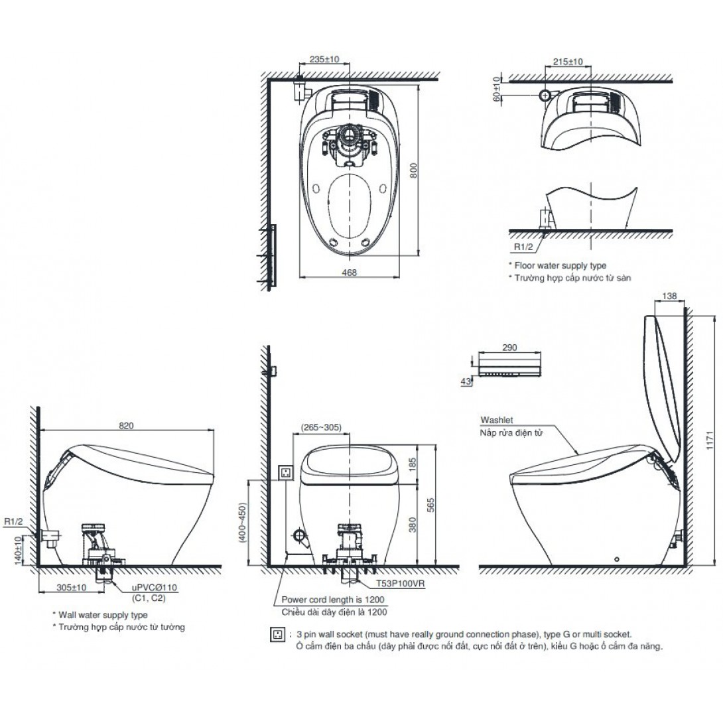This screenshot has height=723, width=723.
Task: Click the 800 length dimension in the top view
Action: click(x=414, y=170)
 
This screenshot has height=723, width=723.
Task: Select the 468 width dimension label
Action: click(x=349, y=273)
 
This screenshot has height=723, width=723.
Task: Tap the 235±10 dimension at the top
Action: click(x=324, y=59)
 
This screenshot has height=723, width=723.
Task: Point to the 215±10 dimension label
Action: click(x=568, y=61)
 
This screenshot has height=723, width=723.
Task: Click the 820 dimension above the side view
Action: click(x=126, y=425)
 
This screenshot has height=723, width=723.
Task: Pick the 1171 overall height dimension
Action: click(x=710, y=440)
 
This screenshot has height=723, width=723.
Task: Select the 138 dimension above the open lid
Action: click(x=669, y=296)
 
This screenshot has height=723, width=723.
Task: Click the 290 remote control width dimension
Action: click(x=509, y=347)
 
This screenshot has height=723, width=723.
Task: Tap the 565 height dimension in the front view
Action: click(x=430, y=505)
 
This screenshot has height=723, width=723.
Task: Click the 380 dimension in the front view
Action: click(x=412, y=524)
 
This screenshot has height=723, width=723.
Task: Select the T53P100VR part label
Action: click(x=400, y=583)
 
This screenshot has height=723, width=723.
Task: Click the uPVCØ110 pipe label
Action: click(x=154, y=588)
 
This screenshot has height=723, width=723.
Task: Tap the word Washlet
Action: click(x=496, y=420)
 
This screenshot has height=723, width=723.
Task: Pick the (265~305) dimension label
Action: click(x=322, y=427)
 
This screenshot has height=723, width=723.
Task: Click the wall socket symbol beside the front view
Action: click(x=286, y=473)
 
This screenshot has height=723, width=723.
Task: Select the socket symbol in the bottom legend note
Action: click(x=277, y=635)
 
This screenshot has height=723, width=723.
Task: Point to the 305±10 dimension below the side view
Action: click(x=72, y=588)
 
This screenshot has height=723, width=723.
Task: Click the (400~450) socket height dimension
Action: click(x=243, y=522)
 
